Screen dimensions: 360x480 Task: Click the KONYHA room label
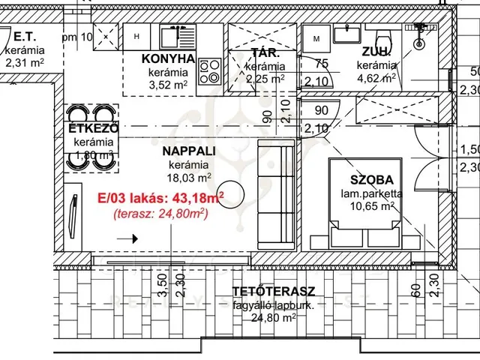[x=168, y=59]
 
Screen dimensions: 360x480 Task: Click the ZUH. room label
[x=375, y=52]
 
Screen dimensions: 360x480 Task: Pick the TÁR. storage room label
[x=265, y=54]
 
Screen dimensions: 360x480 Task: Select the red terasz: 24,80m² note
[x=160, y=214]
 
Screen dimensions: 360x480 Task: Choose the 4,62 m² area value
[x=377, y=77]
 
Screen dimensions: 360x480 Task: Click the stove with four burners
[x=209, y=72]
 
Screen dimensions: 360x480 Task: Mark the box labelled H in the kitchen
[x=136, y=34]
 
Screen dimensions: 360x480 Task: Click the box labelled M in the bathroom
[x=316, y=37]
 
